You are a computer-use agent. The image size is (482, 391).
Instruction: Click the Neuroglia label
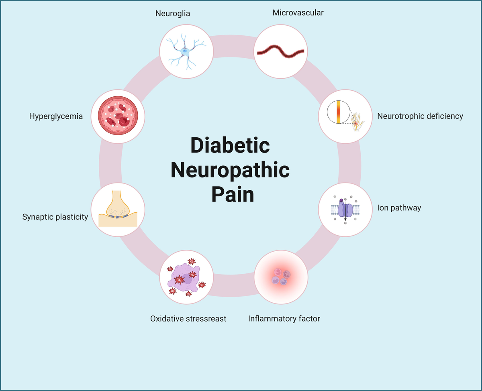pyautogui.click(x=173, y=14)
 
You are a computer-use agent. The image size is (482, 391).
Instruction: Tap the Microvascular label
pyautogui.click(x=298, y=12)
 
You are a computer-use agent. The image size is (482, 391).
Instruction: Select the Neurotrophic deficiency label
pyautogui.click(x=420, y=116)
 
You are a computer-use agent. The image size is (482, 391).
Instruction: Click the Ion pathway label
pyautogui.click(x=399, y=208)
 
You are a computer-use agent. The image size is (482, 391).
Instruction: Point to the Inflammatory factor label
pyautogui.click(x=284, y=319)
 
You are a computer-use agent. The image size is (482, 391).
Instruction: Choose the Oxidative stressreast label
pyautogui.click(x=188, y=319)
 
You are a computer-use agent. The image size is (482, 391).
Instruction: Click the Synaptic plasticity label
pyautogui.click(x=55, y=217)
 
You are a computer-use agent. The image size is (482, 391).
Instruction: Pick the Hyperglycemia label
pyautogui.click(x=56, y=116)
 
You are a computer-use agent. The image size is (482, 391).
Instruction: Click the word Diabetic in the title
pyautogui.click(x=230, y=145)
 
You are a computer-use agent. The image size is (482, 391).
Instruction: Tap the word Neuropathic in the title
pyautogui.click(x=230, y=170)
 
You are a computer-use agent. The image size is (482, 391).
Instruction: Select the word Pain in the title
pyautogui.click(x=233, y=195)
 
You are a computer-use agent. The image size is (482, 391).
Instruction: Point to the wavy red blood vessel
pyautogui.click(x=280, y=51)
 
